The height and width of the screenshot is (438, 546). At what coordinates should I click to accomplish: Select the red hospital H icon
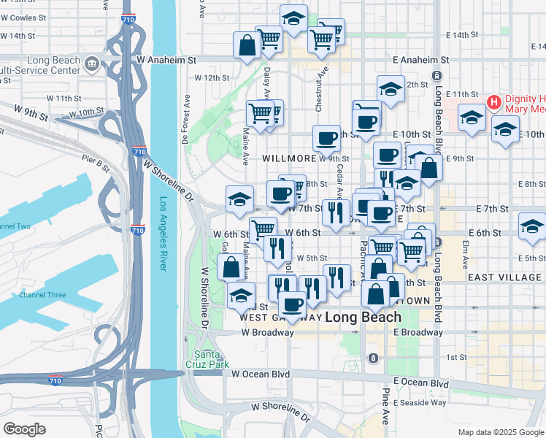click(x=493, y=101)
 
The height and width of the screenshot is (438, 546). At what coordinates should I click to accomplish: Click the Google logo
click(x=24, y=429)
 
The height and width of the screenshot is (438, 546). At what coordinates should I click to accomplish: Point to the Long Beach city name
click(x=363, y=317)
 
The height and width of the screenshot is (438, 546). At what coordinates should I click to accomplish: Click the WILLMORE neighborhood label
click(x=289, y=158)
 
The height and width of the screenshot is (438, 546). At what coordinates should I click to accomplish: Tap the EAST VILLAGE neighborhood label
click(x=506, y=277)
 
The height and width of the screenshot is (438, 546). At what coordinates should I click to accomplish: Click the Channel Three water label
click(x=42, y=295)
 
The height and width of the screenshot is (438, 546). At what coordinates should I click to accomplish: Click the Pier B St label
click(x=95, y=161)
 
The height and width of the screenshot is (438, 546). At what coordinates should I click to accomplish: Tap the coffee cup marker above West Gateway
click(x=292, y=304)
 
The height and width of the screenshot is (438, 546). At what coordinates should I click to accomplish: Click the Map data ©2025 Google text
click(x=500, y=432)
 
